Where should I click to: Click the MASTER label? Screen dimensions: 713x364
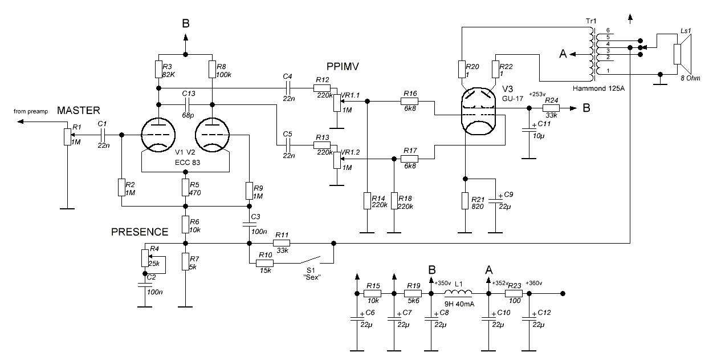78,111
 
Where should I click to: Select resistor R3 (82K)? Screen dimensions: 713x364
158,70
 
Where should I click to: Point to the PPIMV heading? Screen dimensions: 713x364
343,66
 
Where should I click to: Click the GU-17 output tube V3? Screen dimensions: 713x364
478,112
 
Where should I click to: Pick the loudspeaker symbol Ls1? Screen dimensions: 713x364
682,54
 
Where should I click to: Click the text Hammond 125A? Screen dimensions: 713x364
598,88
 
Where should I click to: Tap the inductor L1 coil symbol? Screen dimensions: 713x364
458,293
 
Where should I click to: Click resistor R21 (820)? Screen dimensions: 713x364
465,201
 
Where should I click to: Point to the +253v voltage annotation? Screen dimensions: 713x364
537,94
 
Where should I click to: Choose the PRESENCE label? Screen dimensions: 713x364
140,232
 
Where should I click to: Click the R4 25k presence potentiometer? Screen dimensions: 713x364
145,258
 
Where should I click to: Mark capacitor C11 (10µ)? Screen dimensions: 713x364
529,130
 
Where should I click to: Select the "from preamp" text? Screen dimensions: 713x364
31,111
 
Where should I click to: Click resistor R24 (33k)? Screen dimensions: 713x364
551,108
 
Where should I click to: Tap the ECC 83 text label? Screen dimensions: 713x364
188,163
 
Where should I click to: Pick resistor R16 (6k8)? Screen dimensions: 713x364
409,102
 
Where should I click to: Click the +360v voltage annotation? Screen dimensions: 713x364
534,283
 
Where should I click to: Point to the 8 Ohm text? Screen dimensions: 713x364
690,78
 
